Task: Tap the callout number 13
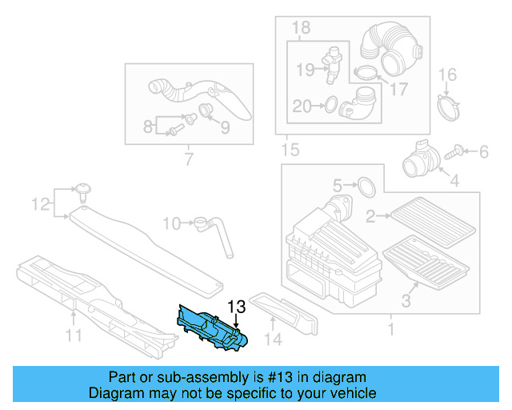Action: pyautogui.click(x=238, y=307)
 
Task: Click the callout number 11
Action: pyautogui.click(x=74, y=336)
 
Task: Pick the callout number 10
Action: pyautogui.click(x=171, y=222)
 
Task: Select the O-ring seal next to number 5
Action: pyautogui.click(x=365, y=187)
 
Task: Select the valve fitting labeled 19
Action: pyautogui.click(x=330, y=65)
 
